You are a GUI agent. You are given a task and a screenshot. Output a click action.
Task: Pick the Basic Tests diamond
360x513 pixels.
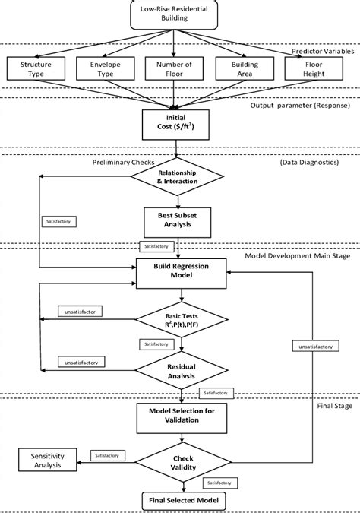click(181, 322)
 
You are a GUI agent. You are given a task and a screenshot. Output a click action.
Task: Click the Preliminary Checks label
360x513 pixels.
click(125, 161)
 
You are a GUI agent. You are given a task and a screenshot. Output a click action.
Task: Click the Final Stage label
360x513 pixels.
click(333, 406)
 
